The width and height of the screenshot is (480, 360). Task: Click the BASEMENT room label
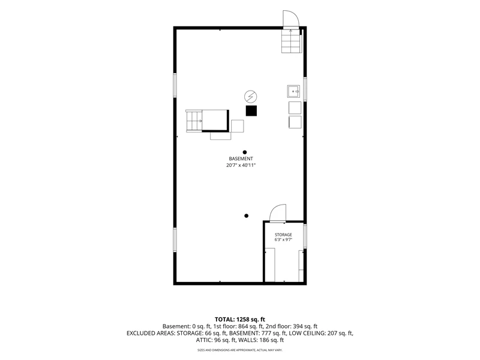point(241,158)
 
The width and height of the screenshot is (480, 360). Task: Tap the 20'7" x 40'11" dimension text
point(241,166)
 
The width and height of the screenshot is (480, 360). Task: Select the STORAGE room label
point(283,235)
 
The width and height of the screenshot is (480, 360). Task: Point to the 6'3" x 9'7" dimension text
point(283,239)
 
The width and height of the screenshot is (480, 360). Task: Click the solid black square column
point(251,111)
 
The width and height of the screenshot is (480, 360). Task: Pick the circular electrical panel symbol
point(250,97)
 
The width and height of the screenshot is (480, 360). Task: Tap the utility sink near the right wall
point(293,91)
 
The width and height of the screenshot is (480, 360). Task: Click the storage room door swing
point(278,213)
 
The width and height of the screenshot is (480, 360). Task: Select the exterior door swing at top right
point(290,19)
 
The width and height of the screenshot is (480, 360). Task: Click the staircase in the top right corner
point(291,41)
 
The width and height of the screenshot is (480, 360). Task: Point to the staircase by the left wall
point(194,121)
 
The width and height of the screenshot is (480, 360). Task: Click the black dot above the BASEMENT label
point(245,152)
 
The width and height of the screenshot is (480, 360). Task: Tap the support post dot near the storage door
point(246,216)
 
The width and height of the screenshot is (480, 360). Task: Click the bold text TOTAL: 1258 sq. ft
point(239,320)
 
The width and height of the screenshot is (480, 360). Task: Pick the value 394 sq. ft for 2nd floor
point(305,326)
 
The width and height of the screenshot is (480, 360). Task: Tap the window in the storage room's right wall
point(305,236)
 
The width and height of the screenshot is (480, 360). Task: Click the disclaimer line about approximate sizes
point(239,350)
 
